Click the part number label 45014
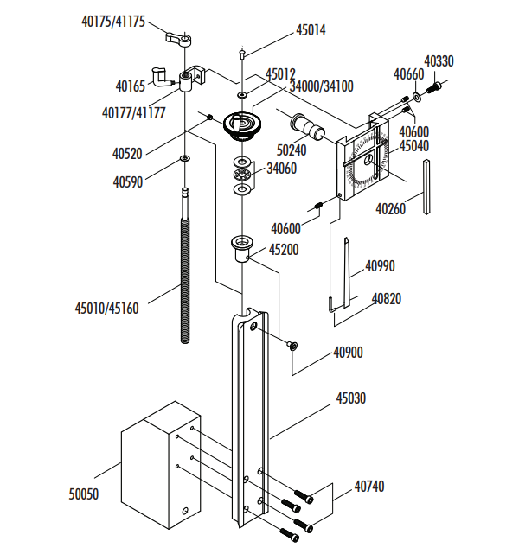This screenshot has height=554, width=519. click(311, 29)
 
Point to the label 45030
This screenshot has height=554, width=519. click(352, 399)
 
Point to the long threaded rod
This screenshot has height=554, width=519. click(185, 268)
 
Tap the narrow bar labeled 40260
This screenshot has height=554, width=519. click(427, 189)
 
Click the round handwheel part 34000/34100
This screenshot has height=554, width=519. click(242, 124)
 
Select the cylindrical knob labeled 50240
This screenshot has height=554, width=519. click(308, 125)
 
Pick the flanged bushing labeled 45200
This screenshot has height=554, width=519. click(241, 248)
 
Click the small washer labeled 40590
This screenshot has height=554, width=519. click(185, 159)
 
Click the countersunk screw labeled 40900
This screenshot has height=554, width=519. click(293, 346)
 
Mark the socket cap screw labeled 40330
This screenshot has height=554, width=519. click(437, 86)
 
